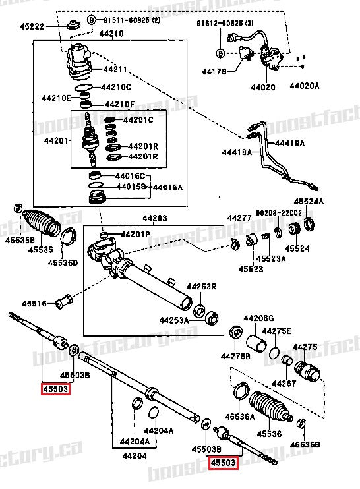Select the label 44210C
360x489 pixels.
point(115,87)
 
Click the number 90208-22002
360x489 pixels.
point(280,212)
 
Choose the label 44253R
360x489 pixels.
point(200,287)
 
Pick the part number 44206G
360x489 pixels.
point(258,318)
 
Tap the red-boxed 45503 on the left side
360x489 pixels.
point(55,389)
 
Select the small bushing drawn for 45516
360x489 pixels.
point(64,302)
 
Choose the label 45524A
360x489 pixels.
point(309,201)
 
